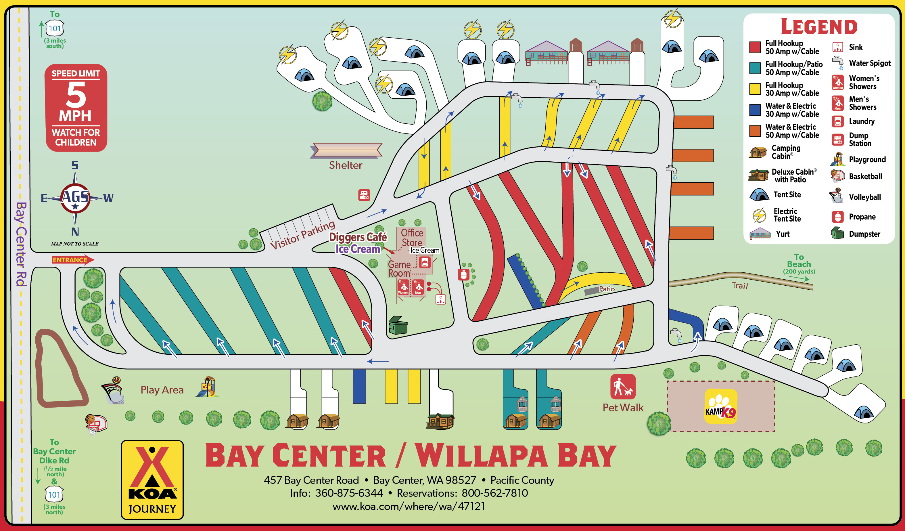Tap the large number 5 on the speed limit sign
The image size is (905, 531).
pyautogui.click(x=76, y=95)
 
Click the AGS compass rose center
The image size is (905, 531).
pyautogui.click(x=75, y=198)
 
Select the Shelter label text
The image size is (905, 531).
pyautogui.click(x=346, y=165)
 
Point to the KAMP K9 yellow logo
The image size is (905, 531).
pyautogui.click(x=721, y=406)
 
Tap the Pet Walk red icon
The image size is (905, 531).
pyautogui.click(x=623, y=387)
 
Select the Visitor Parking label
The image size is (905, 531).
pyautogui.click(x=302, y=235)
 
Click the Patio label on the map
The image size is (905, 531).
pyautogui.click(x=607, y=289)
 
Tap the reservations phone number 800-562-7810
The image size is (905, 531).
pyautogui.click(x=494, y=493)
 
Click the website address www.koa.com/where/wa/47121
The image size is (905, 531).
pyautogui.click(x=409, y=506)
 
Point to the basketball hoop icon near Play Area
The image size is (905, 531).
pyautogui.click(x=96, y=424)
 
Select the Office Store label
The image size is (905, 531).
pyautogui.click(x=412, y=238)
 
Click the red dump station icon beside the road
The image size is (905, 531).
pyautogui.click(x=364, y=195)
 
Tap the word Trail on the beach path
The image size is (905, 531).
pyautogui.click(x=739, y=286)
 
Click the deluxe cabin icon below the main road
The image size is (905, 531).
pyautogui.click(x=440, y=421)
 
